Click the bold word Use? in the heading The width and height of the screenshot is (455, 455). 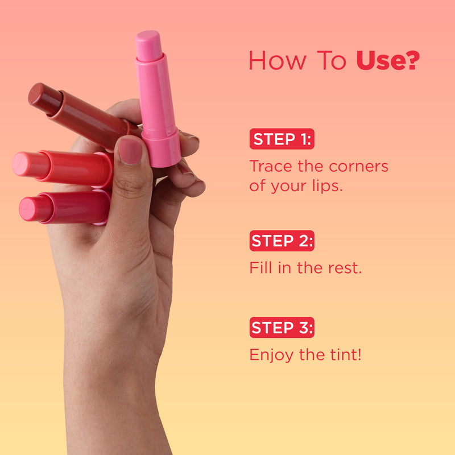[x=388, y=60]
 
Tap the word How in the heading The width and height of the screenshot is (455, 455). [x=278, y=60]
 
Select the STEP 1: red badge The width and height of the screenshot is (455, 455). [x=282, y=139]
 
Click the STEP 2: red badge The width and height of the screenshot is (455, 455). [x=282, y=241]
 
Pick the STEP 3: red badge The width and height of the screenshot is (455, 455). [x=282, y=328]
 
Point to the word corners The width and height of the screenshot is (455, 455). [x=359, y=167]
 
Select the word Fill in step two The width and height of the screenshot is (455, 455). [x=261, y=267]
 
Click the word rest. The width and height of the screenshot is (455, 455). [x=345, y=268]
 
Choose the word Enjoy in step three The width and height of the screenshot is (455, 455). [x=271, y=355]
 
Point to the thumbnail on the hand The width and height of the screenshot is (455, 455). [x=130, y=151]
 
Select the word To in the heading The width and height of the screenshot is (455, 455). [x=332, y=60]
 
